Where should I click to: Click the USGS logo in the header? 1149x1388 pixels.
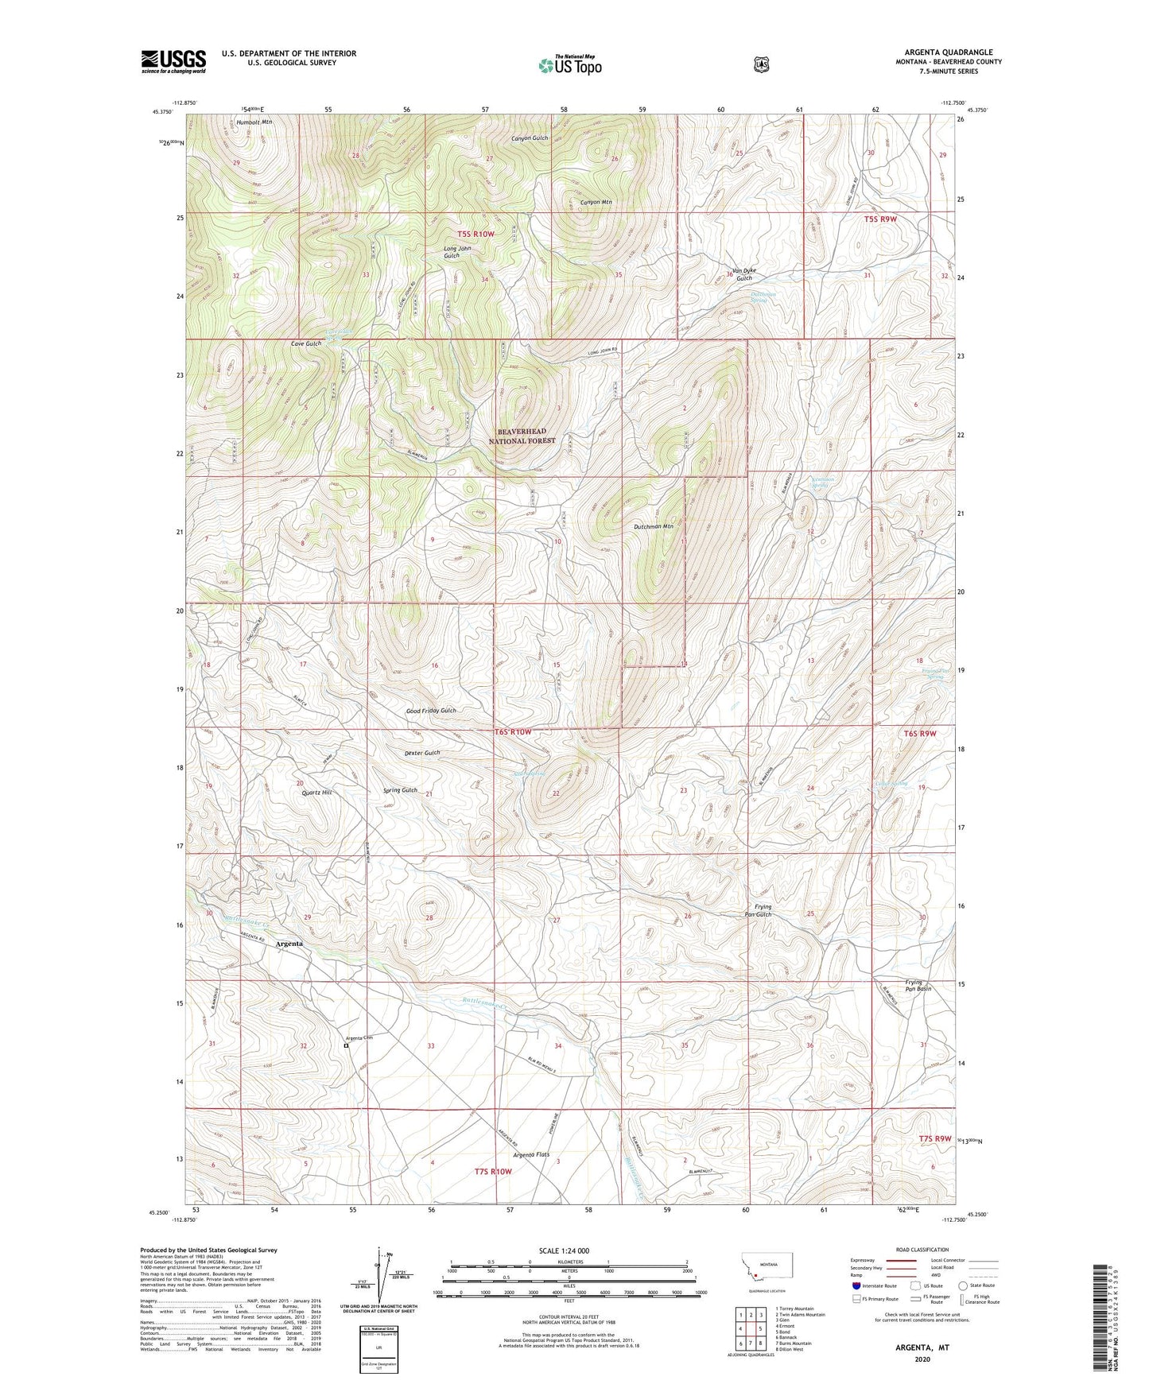point(173,61)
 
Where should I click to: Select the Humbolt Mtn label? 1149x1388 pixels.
point(254,123)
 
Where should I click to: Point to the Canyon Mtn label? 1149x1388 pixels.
point(596,203)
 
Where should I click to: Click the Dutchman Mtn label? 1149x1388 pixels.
point(654,526)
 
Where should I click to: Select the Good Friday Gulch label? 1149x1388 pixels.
point(431,711)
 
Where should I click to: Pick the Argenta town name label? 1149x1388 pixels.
point(289,944)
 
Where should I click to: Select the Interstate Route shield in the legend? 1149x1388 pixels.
point(856,1285)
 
